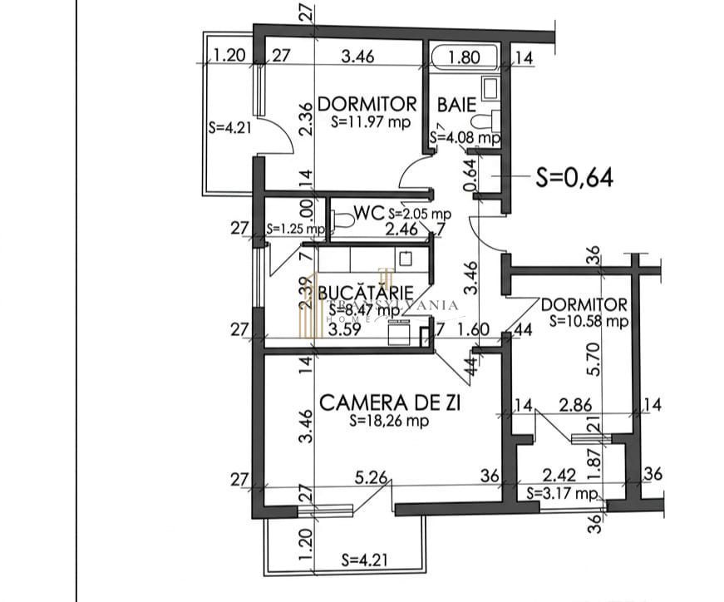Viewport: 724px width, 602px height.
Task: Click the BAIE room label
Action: [x=456, y=105]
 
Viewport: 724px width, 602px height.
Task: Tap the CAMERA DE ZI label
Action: [x=390, y=403]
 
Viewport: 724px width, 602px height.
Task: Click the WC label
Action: [x=368, y=213]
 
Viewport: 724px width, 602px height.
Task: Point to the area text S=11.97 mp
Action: [x=371, y=121]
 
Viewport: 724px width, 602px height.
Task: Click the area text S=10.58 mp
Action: [x=587, y=321]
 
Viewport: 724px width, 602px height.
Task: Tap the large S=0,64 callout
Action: [x=574, y=177]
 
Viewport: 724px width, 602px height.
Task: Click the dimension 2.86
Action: [x=576, y=405]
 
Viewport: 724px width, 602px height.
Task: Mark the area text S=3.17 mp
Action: [x=563, y=494]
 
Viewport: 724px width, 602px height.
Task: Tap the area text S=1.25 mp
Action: [x=295, y=229]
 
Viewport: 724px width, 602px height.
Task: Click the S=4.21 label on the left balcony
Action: [x=223, y=128]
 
